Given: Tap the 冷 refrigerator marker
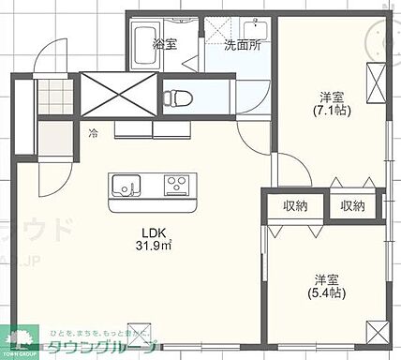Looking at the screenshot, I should (94, 132).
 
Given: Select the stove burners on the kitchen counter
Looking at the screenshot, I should (176, 185).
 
